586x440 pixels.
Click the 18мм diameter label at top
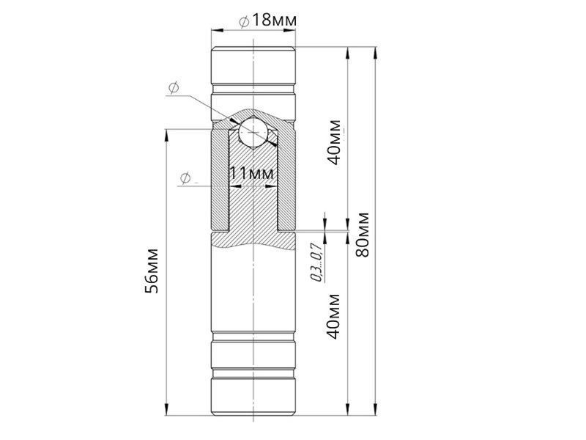pyautogui.click(x=274, y=21)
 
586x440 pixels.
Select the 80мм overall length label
pyautogui.click(x=363, y=235)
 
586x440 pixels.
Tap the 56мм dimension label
pyautogui.click(x=152, y=270)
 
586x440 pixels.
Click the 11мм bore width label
pyautogui.click(x=251, y=173)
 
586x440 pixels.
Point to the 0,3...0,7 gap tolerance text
pyautogui.click(x=316, y=262)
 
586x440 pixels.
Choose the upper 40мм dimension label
pyautogui.click(x=334, y=142)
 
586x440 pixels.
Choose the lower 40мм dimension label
pyautogui.click(x=334, y=317)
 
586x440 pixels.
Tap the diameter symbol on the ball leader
pyautogui.click(x=174, y=88)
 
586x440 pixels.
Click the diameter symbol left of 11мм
pyautogui.click(x=185, y=177)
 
